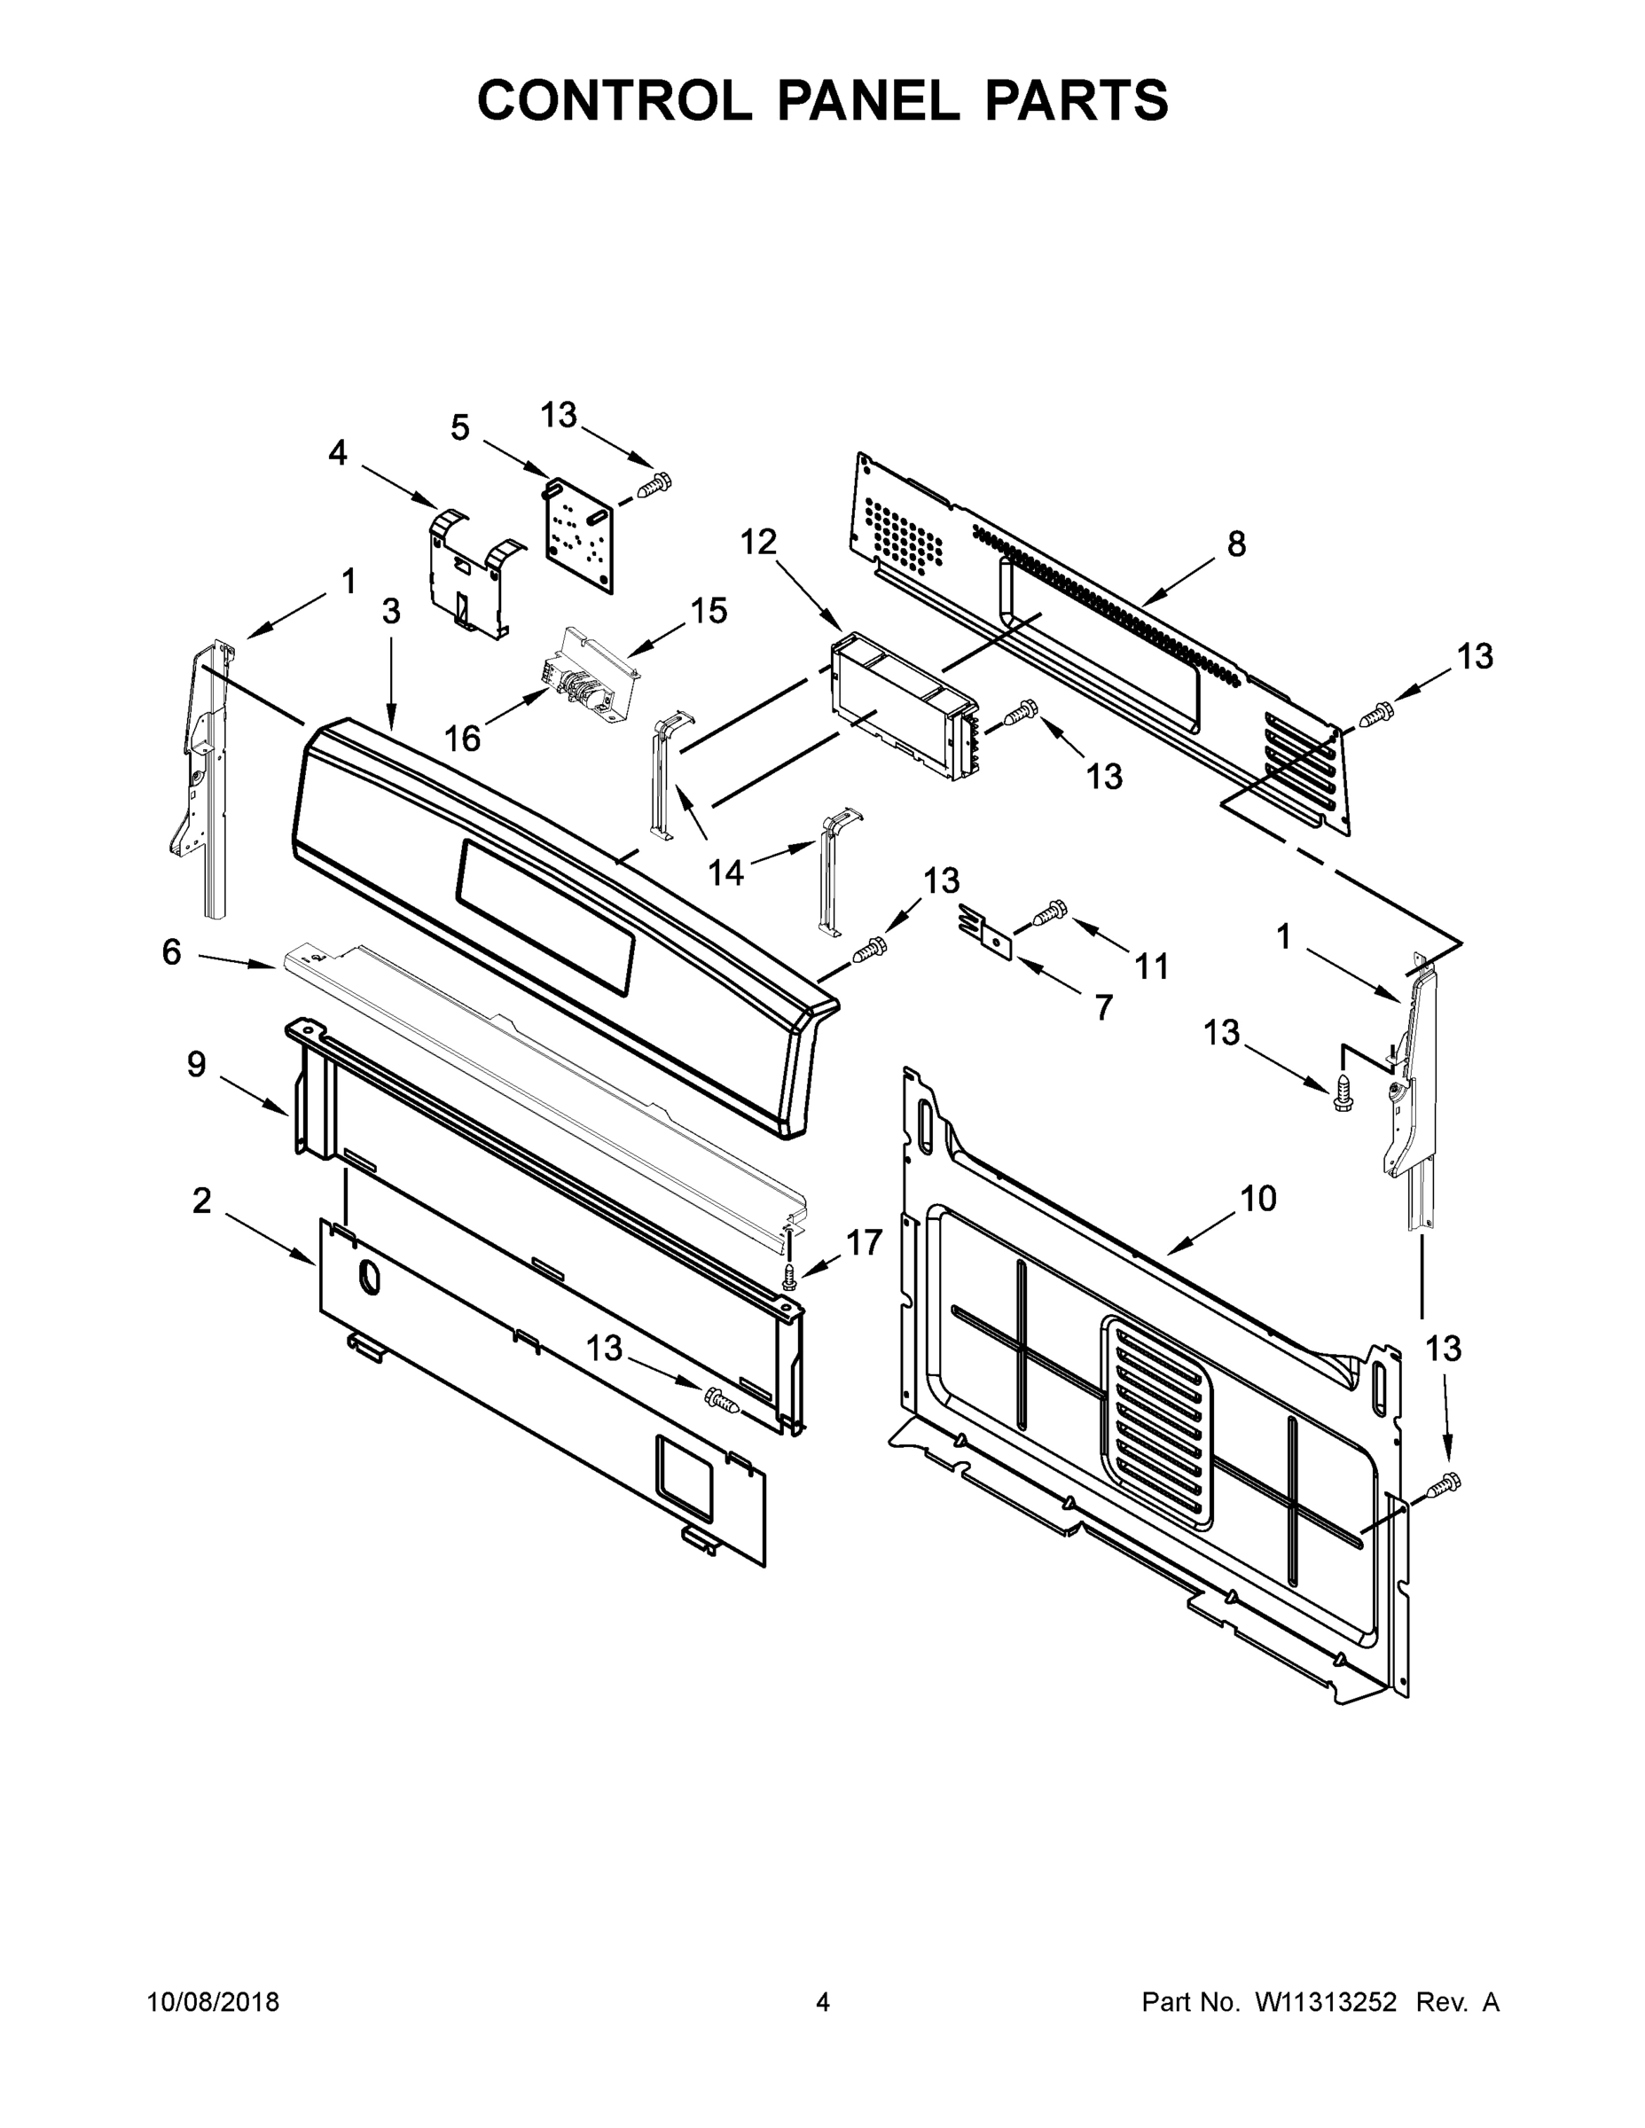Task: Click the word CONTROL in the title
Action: [x=614, y=100]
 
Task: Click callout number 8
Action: [x=1235, y=544]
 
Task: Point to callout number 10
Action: [x=1258, y=1199]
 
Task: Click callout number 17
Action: [x=864, y=1242]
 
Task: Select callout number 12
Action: [x=758, y=542]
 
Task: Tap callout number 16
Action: [x=463, y=739]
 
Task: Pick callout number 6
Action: [x=171, y=952]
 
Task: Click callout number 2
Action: [x=200, y=1201]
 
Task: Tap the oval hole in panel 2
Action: [x=368, y=1278]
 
